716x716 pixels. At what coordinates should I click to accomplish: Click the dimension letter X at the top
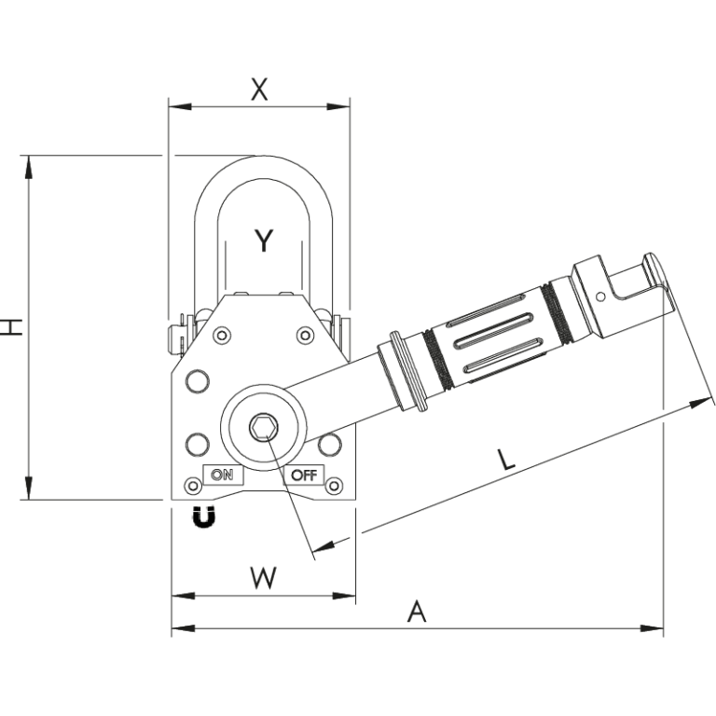[260, 89]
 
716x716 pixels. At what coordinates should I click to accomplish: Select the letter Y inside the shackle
[264, 241]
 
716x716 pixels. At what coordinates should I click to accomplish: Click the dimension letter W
[264, 578]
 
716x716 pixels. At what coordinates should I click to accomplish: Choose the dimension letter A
[418, 613]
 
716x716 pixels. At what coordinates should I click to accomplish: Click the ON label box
[222, 474]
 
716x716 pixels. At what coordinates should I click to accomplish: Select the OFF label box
[304, 474]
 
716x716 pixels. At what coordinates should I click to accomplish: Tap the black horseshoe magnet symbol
[203, 516]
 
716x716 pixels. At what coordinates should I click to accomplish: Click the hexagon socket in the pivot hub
[264, 428]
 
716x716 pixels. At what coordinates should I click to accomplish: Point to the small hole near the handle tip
[600, 296]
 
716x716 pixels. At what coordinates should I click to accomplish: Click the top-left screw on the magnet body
[223, 335]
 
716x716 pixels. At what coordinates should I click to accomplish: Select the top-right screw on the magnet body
[304, 335]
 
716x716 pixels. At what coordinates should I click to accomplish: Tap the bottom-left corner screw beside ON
[193, 486]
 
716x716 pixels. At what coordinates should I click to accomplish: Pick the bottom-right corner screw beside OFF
[334, 485]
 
